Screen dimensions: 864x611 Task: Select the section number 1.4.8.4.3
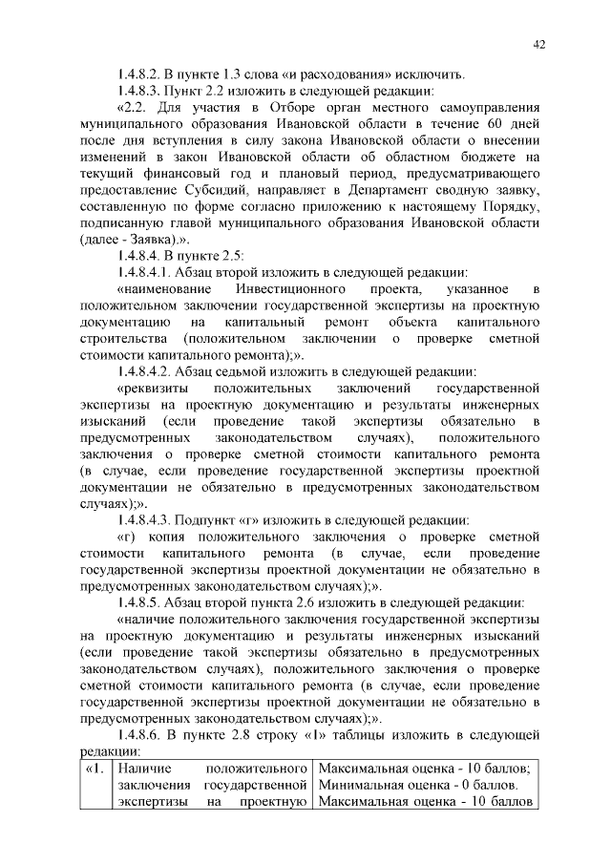point(144,520)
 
